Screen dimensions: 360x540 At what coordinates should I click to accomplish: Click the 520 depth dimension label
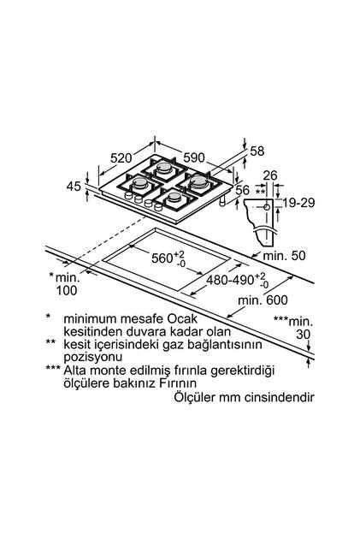click(121, 157)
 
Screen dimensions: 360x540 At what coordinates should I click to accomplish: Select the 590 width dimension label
click(194, 157)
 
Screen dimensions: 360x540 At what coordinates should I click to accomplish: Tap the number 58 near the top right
click(257, 151)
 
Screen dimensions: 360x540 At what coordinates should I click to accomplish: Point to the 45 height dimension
click(74, 187)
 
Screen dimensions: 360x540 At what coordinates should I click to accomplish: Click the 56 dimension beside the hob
click(243, 190)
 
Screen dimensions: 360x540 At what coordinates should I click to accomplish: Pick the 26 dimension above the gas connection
click(270, 175)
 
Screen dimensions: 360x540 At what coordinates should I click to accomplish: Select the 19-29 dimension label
click(298, 203)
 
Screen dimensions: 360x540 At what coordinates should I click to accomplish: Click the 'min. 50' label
click(284, 256)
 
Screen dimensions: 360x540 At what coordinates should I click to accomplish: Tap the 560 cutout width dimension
click(168, 258)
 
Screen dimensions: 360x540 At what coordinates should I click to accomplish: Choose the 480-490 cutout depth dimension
click(237, 280)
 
